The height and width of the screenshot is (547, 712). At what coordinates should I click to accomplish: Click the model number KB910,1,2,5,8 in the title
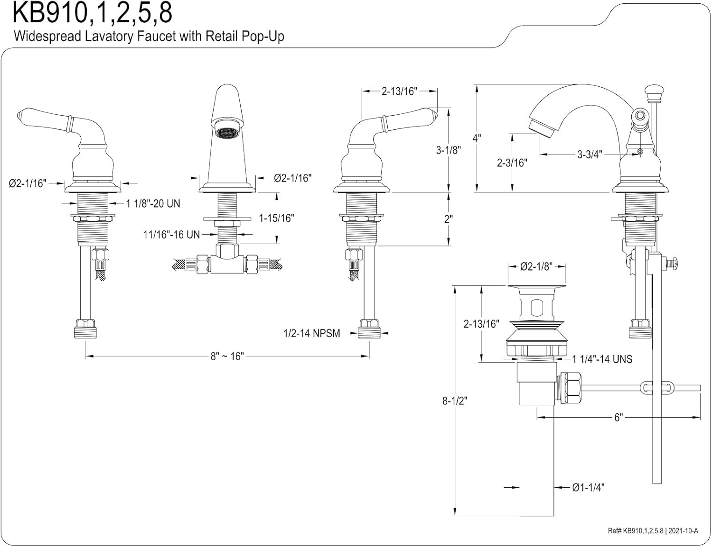click(93, 13)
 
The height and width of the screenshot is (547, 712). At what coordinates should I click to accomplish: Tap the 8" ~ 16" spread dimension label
click(227, 356)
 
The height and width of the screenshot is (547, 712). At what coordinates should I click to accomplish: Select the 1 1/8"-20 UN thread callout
click(153, 204)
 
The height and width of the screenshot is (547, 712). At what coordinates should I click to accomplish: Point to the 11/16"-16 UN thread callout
click(171, 234)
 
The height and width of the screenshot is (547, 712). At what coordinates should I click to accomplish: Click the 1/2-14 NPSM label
click(311, 333)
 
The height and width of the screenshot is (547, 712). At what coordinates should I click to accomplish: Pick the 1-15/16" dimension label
click(276, 218)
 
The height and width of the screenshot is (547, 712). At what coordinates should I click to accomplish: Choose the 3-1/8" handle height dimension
click(449, 150)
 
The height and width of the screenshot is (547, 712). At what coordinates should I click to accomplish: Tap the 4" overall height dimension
click(477, 138)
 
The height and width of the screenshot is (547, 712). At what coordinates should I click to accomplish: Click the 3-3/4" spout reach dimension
click(590, 154)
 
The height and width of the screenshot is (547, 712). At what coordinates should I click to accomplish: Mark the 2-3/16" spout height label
click(512, 163)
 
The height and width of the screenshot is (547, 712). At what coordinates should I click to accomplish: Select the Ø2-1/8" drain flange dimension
click(536, 267)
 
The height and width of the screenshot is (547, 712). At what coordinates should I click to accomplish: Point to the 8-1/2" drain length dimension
click(455, 401)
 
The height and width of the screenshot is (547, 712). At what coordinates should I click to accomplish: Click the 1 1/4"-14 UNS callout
click(602, 359)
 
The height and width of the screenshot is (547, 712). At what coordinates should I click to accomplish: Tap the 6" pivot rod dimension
click(618, 418)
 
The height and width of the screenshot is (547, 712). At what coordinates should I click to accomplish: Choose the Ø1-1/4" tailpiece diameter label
click(588, 487)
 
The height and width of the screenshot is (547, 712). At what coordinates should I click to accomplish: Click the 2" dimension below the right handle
click(449, 219)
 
